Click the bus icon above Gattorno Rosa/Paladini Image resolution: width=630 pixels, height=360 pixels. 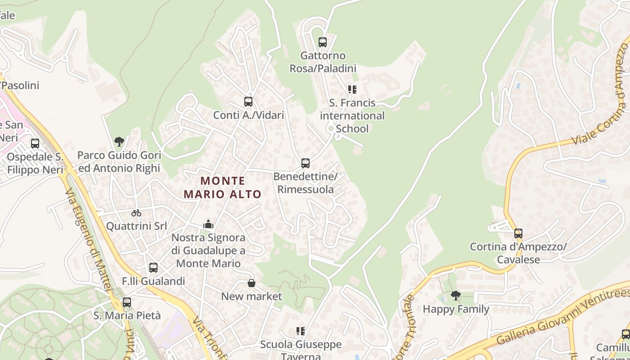pos(322,42)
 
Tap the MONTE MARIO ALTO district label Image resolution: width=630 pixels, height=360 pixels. pos(223,188)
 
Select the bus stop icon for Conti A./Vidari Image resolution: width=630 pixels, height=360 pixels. pos(248,102)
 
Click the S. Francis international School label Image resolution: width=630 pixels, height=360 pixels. pos(352,116)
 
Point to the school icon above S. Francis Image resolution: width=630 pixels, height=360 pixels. pos(352,90)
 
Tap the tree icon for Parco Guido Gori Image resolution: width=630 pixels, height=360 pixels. pos(119,142)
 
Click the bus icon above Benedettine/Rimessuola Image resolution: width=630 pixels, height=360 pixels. pos(306,163)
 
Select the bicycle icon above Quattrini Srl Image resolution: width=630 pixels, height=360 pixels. pos(136,213)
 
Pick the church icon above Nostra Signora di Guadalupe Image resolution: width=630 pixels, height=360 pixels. pos(208,224)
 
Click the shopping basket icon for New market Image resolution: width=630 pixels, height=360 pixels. pos(252,283)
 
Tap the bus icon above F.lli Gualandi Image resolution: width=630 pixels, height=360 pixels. pos(153,268)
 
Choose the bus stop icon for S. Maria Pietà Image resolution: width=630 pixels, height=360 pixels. pos(127,302)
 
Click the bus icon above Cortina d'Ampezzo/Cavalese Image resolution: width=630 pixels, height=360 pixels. pos(518,234)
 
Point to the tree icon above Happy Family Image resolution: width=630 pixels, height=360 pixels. pos(456,296)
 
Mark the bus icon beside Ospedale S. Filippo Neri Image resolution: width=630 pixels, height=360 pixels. pos(35,144)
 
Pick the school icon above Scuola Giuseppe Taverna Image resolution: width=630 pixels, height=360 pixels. pos(301,332)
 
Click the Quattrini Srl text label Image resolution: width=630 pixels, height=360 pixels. pos(136,226)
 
